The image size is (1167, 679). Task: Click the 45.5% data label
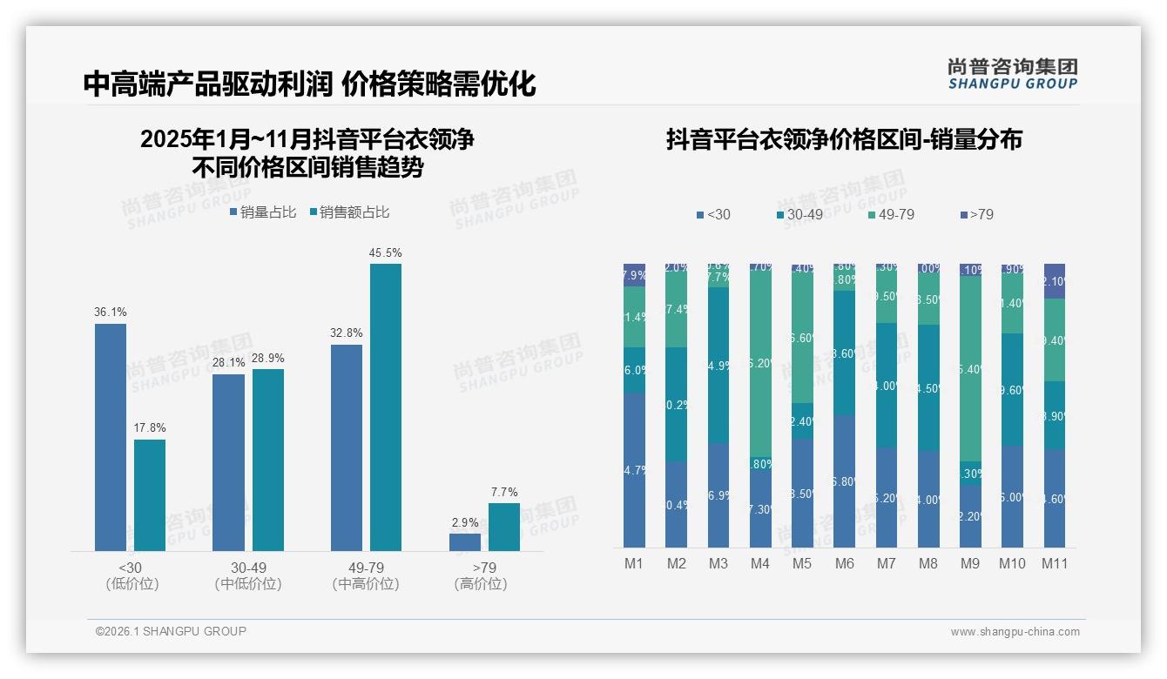point(385,253)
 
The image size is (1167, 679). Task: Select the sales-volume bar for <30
point(111,437)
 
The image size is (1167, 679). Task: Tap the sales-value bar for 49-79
point(385,407)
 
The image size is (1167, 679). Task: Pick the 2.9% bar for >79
point(465,541)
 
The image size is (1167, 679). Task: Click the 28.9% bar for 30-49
point(268,460)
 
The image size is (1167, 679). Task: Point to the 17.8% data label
point(150,428)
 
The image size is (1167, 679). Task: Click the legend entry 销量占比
point(262,212)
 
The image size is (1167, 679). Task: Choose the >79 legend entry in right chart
point(975,214)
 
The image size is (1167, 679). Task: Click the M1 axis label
point(634,563)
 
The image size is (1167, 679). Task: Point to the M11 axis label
point(1055,563)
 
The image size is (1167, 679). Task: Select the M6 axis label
point(844,563)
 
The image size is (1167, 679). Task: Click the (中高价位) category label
point(366,584)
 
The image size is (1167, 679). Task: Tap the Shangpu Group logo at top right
point(1012,73)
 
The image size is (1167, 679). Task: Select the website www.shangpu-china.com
point(1015,632)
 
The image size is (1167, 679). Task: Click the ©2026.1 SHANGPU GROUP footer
point(171,631)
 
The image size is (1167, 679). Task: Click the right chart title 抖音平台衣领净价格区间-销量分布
point(844,139)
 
